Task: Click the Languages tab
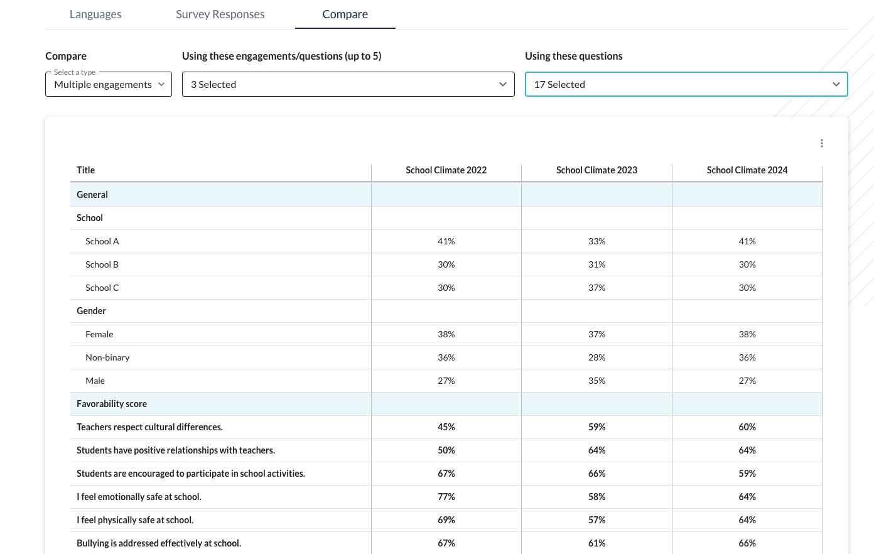(x=95, y=14)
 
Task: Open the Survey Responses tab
(x=220, y=14)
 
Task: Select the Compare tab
(x=345, y=14)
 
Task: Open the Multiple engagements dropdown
(x=109, y=84)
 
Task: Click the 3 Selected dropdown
(x=348, y=84)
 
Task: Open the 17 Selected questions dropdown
(x=686, y=84)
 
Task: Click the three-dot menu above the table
(x=822, y=143)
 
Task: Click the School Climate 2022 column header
(x=446, y=170)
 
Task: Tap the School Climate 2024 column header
(x=747, y=170)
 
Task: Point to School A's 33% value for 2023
(x=596, y=241)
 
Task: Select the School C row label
(x=102, y=288)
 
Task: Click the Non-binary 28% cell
(x=596, y=357)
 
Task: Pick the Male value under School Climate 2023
(x=596, y=381)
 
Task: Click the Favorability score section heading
(x=112, y=404)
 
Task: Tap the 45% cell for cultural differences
(x=446, y=427)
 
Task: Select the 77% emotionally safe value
(x=446, y=497)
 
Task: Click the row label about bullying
(x=159, y=543)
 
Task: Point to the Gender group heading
(x=91, y=311)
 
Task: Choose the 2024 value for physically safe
(x=747, y=520)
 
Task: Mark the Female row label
(x=99, y=334)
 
